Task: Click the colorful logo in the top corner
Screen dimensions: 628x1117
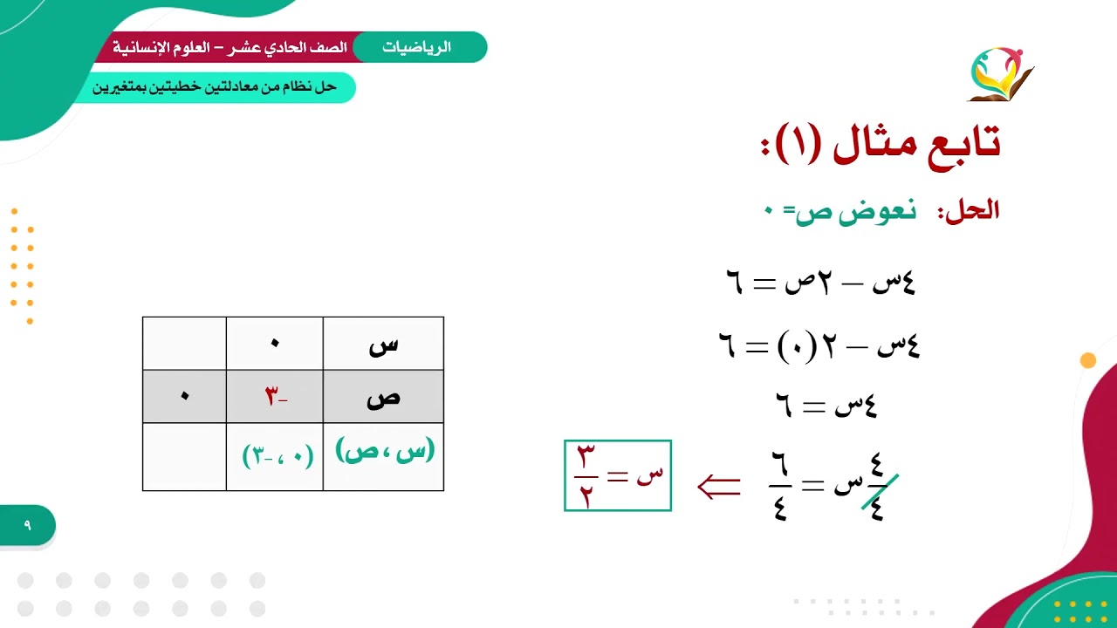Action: pyautogui.click(x=1000, y=74)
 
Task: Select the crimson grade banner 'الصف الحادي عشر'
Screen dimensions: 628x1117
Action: pyautogui.click(x=229, y=47)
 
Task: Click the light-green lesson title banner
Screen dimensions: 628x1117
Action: pyautogui.click(x=215, y=87)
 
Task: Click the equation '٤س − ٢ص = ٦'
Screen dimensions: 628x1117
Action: pyautogui.click(x=820, y=282)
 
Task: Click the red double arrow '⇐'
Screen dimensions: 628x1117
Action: pyautogui.click(x=719, y=487)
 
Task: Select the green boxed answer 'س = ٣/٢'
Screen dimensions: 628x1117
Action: pyautogui.click(x=618, y=475)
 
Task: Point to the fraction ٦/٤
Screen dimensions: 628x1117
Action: pyautogui.click(x=780, y=487)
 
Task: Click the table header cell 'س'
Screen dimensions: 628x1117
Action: pyautogui.click(x=383, y=344)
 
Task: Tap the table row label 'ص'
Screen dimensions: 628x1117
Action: pyautogui.click(x=383, y=397)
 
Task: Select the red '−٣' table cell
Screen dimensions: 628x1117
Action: pyautogui.click(x=275, y=397)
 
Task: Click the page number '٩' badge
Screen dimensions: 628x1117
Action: pyautogui.click(x=27, y=525)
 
